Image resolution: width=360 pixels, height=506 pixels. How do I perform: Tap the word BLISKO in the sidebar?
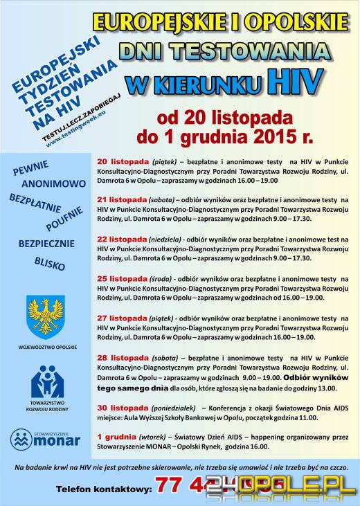click(49, 263)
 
